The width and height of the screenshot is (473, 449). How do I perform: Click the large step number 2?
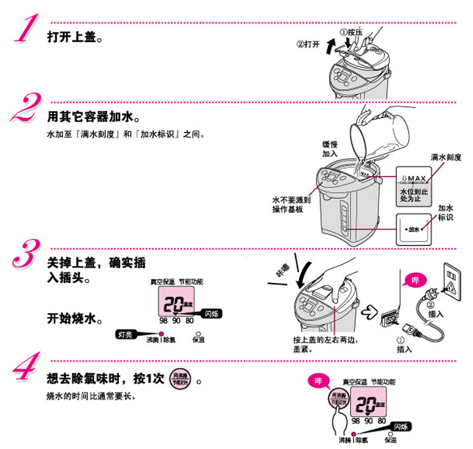[x=25, y=107]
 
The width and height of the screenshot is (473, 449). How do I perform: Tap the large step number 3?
[x=26, y=254]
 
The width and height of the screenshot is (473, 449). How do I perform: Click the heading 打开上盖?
[x=74, y=36]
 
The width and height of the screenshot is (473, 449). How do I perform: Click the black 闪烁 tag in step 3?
[x=212, y=313]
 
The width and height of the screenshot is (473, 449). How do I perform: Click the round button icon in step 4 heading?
[x=179, y=380]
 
